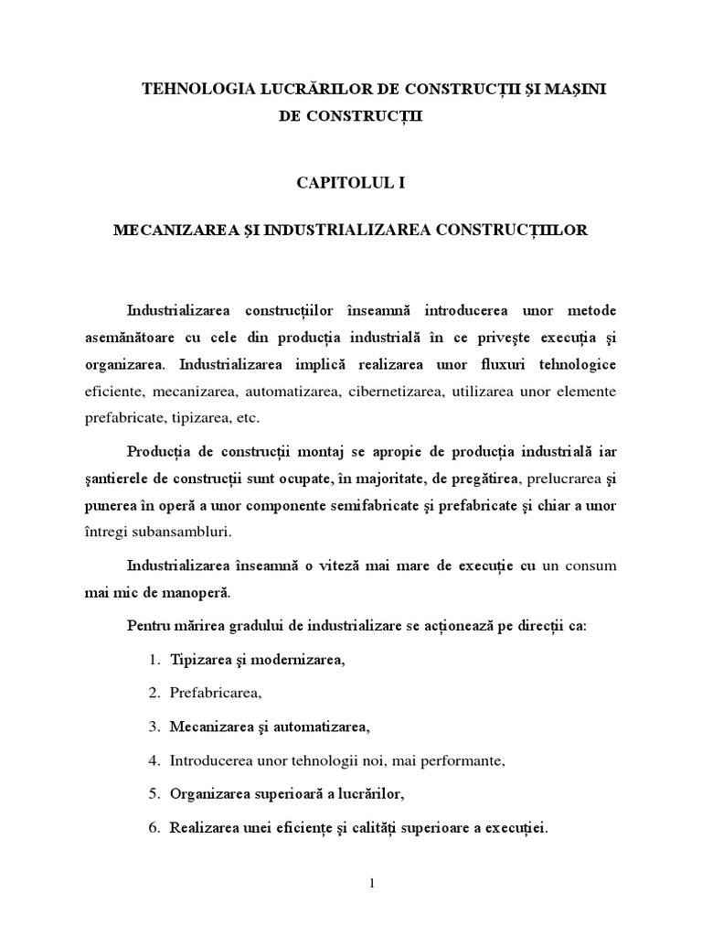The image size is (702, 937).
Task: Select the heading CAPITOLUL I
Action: point(350,183)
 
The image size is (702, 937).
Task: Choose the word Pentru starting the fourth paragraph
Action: point(148,628)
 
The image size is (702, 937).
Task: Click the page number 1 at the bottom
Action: point(350,884)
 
